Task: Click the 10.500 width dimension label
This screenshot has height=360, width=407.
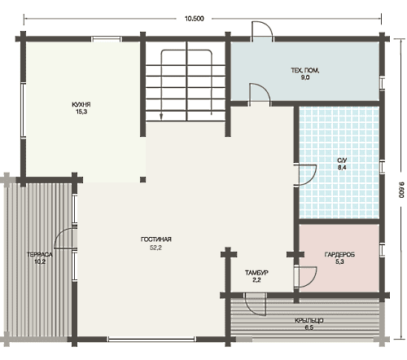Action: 195,19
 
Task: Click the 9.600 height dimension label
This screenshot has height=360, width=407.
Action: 401,190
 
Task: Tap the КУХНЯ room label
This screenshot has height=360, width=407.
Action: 81,104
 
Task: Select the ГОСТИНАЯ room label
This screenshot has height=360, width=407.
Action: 156,239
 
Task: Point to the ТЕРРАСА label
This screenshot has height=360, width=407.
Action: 40,255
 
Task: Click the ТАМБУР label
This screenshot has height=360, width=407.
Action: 256,273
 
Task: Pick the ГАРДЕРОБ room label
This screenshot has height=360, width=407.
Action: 339,255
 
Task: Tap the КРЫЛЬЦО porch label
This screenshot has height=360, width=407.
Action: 309,321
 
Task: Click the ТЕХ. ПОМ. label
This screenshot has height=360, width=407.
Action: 305,70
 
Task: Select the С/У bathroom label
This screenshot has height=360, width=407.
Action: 342,160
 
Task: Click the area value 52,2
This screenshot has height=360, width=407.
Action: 155,248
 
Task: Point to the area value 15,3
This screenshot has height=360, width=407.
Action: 81,112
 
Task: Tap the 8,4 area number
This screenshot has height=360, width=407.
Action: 342,167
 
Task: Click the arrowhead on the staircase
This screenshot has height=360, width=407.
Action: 161,116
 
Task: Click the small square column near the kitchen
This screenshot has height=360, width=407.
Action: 143,179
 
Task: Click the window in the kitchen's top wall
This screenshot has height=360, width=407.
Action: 106,39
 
